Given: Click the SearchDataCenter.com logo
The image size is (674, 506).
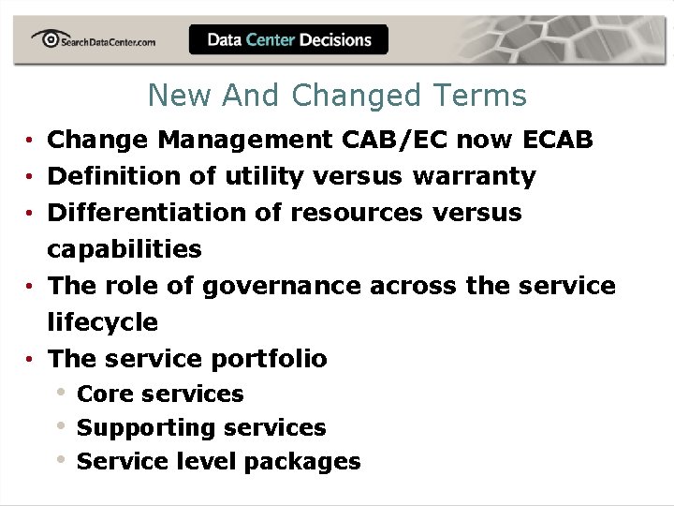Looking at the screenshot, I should pyautogui.click(x=93, y=39).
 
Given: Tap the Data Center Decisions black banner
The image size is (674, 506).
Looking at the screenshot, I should pyautogui.click(x=288, y=39).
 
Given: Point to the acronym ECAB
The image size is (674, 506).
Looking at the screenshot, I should pyautogui.click(x=558, y=140).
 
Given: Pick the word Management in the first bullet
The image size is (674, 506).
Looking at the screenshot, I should pyautogui.click(x=244, y=140).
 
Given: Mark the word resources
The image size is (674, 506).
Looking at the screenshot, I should pyautogui.click(x=357, y=213).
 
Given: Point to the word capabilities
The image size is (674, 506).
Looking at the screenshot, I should pyautogui.click(x=125, y=249).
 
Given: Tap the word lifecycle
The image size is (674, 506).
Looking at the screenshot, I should pyautogui.click(x=103, y=322).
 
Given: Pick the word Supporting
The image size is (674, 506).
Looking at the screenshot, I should pyautogui.click(x=133, y=428).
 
